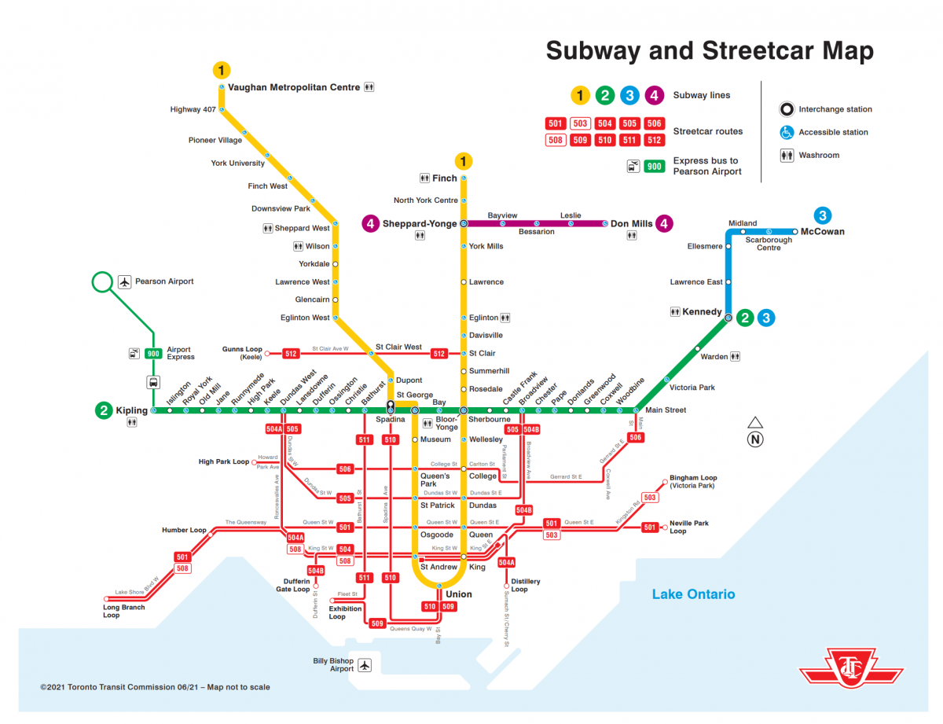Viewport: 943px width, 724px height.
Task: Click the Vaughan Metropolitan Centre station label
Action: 293,87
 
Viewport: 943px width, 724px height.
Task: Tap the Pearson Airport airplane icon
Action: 124,281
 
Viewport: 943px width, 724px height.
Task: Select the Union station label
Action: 458,594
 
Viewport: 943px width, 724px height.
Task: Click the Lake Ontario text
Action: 693,594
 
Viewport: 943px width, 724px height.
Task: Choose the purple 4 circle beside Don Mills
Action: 665,224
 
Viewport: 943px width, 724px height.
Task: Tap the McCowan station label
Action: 823,232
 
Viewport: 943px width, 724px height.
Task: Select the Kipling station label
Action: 131,410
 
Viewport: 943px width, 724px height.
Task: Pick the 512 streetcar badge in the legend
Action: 654,141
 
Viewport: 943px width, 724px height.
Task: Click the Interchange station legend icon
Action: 787,109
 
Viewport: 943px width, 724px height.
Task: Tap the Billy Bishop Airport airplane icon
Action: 364,666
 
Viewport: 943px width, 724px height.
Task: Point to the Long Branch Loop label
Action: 123,612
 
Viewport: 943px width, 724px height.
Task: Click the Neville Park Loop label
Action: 688,527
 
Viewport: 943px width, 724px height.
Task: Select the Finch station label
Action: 444,178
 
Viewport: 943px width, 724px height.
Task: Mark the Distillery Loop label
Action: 525,586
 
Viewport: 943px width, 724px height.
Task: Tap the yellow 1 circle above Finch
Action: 464,161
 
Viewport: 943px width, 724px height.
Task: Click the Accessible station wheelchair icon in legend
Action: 787,132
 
